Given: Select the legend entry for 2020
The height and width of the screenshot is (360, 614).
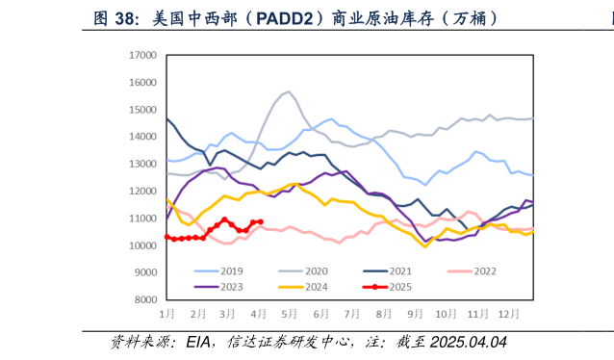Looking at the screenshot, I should (320, 271).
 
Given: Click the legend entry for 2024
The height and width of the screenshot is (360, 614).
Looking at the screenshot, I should (320, 287).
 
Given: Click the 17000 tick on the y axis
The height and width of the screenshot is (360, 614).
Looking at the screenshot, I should (142, 56).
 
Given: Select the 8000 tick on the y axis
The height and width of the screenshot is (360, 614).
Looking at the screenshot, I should (145, 300).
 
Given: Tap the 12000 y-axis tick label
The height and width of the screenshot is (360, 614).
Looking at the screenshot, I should (142, 192).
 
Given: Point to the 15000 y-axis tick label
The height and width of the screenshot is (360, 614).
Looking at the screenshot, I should (142, 110).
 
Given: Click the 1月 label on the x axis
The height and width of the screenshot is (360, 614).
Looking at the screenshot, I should (167, 315).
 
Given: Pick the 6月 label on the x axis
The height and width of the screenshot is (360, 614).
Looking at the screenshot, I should (320, 315).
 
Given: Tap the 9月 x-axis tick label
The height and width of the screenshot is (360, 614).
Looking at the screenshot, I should (414, 315).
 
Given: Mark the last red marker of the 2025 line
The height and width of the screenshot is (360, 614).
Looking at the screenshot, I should (261, 222).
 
